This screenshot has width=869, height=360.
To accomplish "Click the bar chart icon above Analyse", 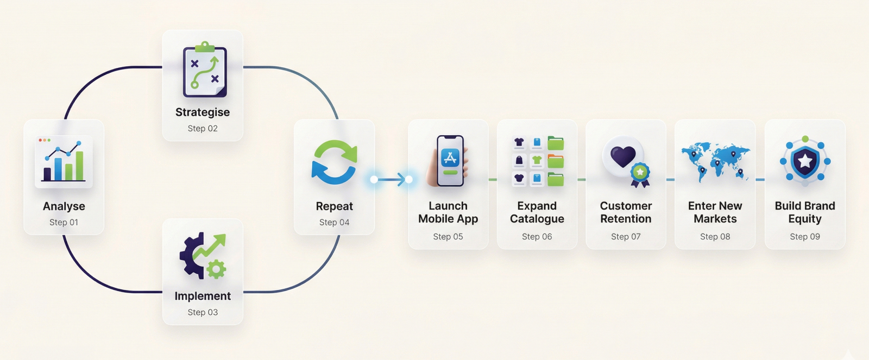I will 64,161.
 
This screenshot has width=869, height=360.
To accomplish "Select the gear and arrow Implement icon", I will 203,255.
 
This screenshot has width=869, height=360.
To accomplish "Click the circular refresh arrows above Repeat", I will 335,162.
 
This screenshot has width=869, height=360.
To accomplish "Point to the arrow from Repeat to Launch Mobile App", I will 392,179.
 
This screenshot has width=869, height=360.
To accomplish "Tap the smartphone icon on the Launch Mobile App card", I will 450,161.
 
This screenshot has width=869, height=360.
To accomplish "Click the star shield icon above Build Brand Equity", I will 805,161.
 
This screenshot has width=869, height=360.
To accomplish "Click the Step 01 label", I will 64,222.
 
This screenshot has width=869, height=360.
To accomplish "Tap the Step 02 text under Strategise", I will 203,128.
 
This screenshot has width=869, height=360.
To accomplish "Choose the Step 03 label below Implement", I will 203,312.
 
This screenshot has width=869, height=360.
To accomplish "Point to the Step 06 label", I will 537,236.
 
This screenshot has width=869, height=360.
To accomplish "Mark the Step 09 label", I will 805,236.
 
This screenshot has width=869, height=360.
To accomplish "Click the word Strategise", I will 203,112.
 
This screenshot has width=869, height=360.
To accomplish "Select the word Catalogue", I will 537,219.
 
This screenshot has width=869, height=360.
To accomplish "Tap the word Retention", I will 626,219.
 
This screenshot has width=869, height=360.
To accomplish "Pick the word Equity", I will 805,219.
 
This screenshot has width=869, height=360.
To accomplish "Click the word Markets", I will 715,219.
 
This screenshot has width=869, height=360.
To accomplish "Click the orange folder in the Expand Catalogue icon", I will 556,161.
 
